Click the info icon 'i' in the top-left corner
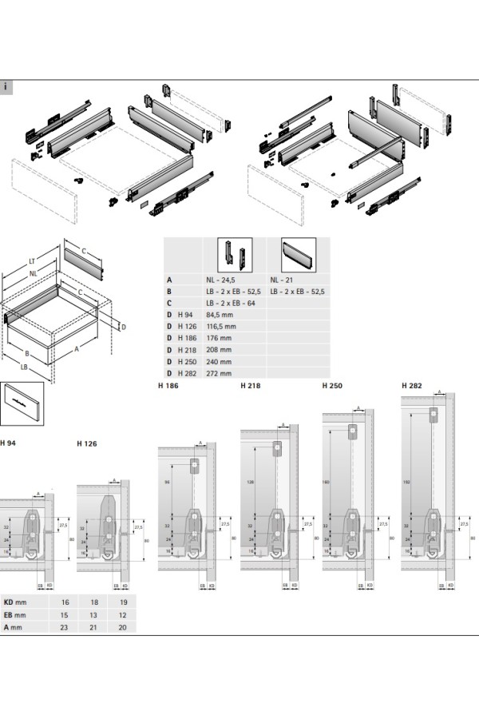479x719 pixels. click(x=6, y=86)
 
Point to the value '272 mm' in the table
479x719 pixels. click(x=218, y=373)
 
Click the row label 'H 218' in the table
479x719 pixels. click(x=188, y=350)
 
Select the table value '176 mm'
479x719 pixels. click(x=218, y=338)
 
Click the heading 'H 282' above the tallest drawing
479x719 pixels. click(x=412, y=385)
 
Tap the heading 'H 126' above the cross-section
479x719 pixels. click(x=86, y=443)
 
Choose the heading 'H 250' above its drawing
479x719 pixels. click(x=332, y=385)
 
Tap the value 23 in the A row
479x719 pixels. click(x=64, y=628)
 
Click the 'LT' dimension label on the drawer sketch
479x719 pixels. click(x=31, y=260)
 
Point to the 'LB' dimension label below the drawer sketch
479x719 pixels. click(x=25, y=367)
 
